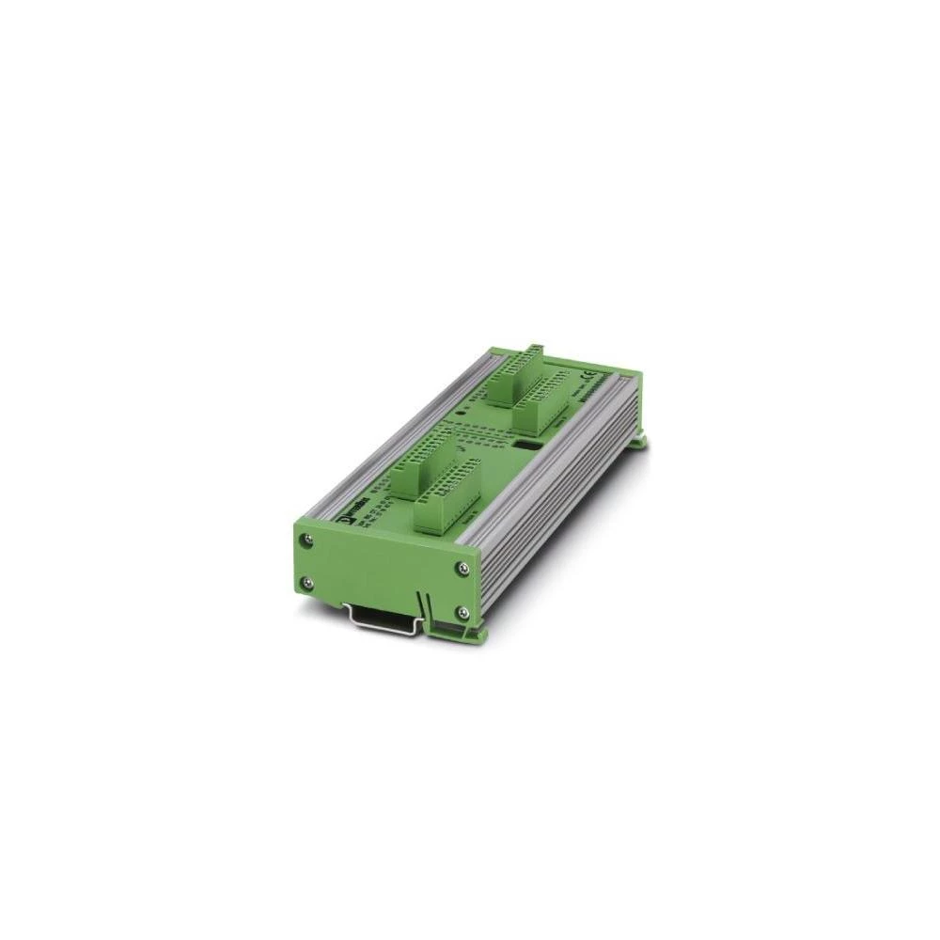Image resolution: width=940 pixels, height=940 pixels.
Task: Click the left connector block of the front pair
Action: coord(418,466)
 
